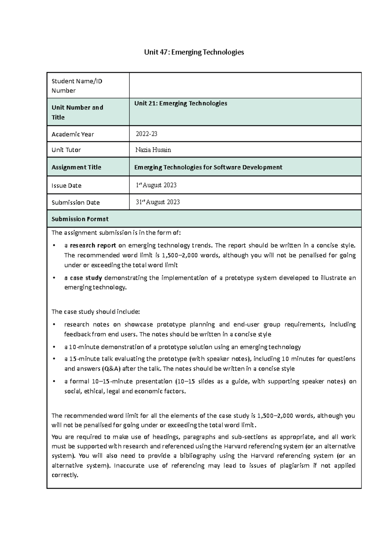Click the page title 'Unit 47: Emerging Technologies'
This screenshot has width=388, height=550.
[x=194, y=52]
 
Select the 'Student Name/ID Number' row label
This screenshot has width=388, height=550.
[x=77, y=86]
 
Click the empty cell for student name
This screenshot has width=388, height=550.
[x=245, y=85]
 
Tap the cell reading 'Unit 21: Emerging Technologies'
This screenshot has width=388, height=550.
[x=181, y=104]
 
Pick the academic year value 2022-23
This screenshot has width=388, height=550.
[x=146, y=134]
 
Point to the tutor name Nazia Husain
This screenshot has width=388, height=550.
[x=153, y=150]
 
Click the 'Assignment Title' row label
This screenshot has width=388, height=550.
[x=76, y=167]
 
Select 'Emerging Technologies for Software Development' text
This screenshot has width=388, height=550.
[x=208, y=167]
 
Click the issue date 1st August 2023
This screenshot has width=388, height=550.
[x=156, y=185]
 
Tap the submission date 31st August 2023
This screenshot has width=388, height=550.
[x=157, y=202]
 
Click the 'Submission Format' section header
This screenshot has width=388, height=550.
[x=80, y=219]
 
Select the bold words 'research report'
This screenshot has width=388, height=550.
[x=93, y=246]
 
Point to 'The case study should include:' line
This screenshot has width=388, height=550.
[x=96, y=312]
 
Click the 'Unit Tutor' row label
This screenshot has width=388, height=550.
[x=66, y=150]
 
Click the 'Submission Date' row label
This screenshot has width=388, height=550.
[x=76, y=203]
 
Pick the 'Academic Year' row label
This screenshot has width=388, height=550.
[x=73, y=134]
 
